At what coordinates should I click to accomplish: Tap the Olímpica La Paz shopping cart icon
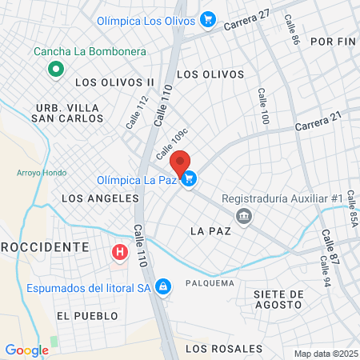click(189, 180)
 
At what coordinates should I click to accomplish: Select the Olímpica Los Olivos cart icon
click(208, 19)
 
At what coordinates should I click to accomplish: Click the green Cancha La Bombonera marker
click(55, 70)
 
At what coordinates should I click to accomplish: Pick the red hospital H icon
click(120, 253)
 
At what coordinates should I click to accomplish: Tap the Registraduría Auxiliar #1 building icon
click(244, 215)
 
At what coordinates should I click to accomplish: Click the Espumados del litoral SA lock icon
click(162, 286)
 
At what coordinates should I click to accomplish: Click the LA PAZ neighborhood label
click(210, 230)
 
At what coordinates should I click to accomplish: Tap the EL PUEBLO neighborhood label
click(82, 316)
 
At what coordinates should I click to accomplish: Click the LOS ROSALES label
click(223, 349)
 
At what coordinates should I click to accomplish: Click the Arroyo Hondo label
click(35, 173)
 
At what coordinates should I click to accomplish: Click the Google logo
click(26, 350)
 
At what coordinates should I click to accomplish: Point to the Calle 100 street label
click(262, 106)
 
